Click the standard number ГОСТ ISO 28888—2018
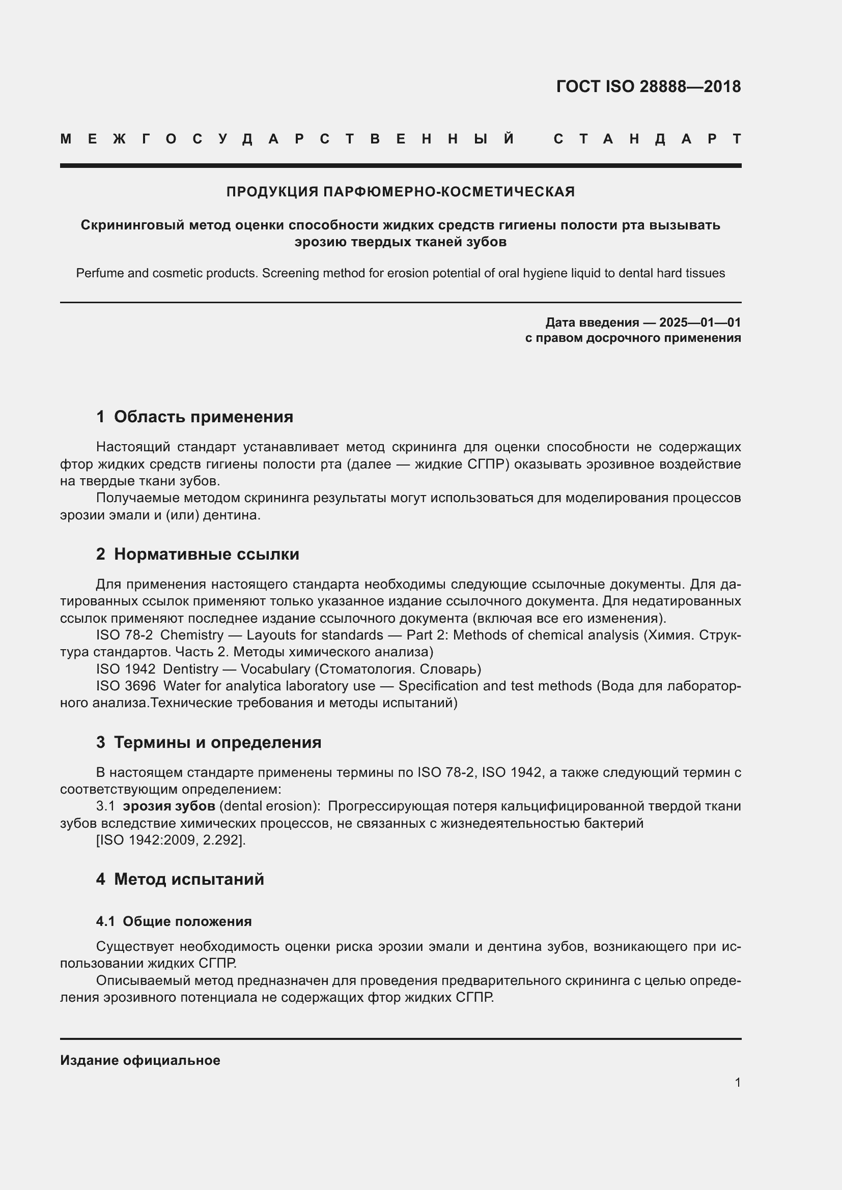point(648,86)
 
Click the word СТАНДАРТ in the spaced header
point(647,139)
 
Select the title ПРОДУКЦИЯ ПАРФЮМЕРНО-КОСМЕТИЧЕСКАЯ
point(400,192)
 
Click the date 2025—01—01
point(699,323)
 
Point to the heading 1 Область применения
point(194,417)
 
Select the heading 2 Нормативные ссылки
point(198,554)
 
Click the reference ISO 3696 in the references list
point(126,686)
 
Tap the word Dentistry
point(190,669)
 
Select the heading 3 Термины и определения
point(208,742)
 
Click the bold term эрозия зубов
point(169,806)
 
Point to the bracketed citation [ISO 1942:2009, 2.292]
point(171,839)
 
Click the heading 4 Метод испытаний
point(180,879)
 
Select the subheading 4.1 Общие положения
point(174,921)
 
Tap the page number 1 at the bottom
point(737,1082)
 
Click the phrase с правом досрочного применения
point(633,338)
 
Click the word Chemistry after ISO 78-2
point(192,635)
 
